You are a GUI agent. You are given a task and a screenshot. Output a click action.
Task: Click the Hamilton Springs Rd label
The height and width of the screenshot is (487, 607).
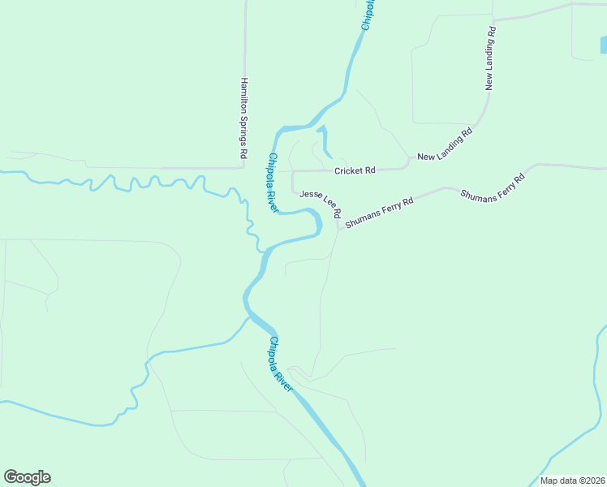pos(243,118)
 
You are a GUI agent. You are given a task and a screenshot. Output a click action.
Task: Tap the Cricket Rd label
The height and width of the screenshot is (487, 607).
pos(355,170)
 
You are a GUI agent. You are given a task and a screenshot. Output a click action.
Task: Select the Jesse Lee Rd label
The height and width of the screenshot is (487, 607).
pos(319,205)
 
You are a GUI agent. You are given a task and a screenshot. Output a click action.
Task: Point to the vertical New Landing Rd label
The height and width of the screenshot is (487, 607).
pos(490,58)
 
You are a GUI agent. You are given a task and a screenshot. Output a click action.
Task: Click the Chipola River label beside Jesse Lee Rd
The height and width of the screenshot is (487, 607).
pos(273,183)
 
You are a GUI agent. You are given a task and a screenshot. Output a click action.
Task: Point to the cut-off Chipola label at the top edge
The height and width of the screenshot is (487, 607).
pos(367,15)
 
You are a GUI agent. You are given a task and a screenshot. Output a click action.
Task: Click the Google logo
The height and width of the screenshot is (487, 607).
pos(27,477)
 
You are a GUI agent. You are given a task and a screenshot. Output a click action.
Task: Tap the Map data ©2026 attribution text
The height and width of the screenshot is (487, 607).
pos(573,481)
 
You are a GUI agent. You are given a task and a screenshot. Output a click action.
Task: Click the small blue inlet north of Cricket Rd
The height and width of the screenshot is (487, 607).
pos(325,142)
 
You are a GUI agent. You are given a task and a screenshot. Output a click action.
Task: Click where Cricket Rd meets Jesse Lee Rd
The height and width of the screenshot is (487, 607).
pos(292,171)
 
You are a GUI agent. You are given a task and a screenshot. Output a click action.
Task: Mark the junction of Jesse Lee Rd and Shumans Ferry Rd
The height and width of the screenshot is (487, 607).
pos(339,227)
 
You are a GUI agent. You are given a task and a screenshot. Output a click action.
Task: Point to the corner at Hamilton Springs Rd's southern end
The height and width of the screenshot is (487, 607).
pos(244,167)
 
